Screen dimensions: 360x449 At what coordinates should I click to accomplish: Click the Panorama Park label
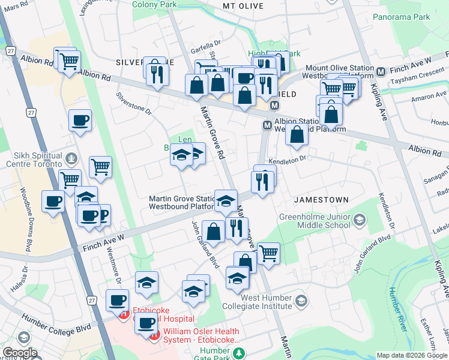[x=401, y=17]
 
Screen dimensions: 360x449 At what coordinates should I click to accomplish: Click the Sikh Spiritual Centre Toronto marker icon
[x=71, y=159]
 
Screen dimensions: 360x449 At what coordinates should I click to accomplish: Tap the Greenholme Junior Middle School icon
[x=359, y=220]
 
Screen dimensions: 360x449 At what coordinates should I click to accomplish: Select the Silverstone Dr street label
[x=134, y=103]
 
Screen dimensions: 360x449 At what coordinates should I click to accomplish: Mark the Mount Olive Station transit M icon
[x=380, y=72]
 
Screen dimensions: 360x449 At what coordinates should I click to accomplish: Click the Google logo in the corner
[x=19, y=353]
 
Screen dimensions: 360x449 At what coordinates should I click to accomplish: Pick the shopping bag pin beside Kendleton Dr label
[x=297, y=135]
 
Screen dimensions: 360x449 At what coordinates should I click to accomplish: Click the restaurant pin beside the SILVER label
[x=157, y=73]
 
